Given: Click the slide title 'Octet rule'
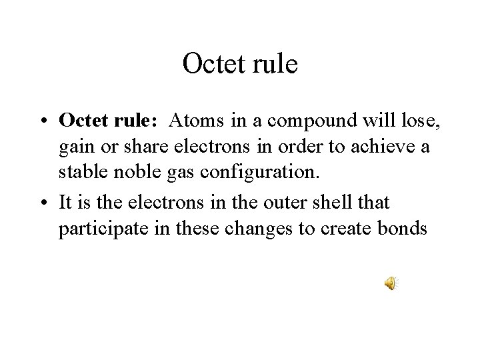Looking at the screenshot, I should [239, 64].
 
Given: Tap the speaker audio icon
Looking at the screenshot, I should [389, 285].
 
